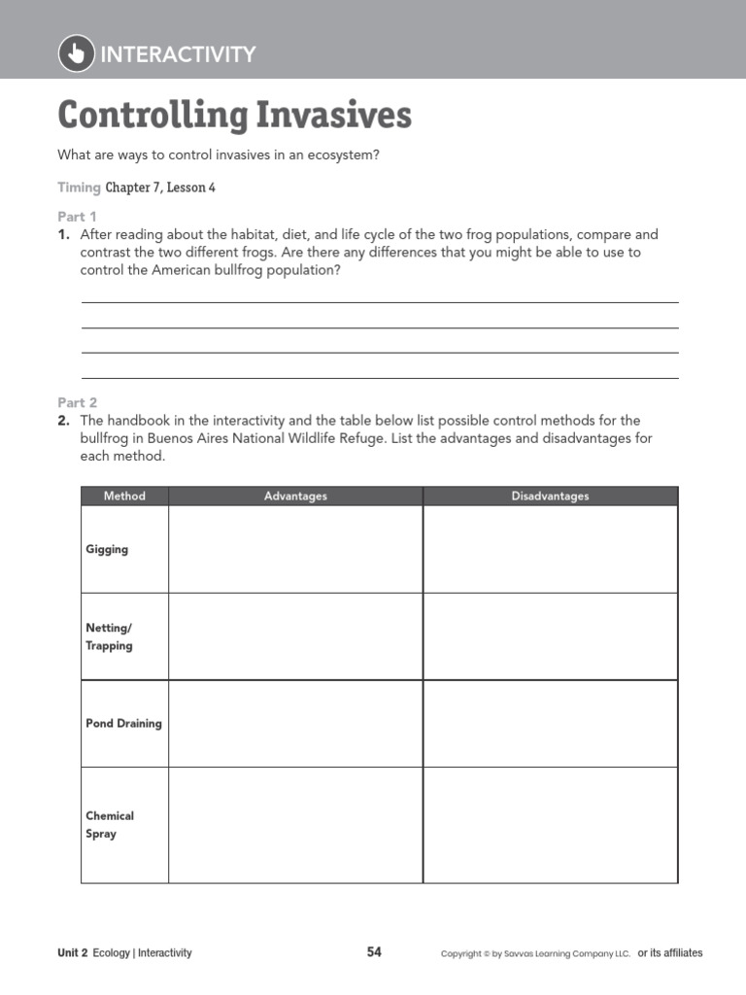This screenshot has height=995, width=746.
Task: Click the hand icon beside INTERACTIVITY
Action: pos(77,53)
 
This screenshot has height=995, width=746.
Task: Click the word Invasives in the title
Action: pos(330,116)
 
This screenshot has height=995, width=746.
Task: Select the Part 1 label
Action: pos(77,217)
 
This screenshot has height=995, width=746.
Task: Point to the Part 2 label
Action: pos(77,402)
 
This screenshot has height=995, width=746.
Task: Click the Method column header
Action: pos(124,497)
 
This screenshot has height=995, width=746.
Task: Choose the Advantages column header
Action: pos(295,497)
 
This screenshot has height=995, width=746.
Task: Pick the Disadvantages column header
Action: pos(550,497)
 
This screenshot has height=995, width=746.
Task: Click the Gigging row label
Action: pos(107,549)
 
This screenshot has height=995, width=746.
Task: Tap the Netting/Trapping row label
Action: pos(109,636)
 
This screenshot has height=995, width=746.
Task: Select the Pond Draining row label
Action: pos(123,724)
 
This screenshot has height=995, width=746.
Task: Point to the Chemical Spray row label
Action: pos(110,825)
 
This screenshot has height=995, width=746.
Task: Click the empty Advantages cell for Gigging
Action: pos(295,549)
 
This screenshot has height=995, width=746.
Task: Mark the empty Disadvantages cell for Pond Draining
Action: pos(550,724)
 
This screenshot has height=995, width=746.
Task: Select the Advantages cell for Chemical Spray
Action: pos(295,825)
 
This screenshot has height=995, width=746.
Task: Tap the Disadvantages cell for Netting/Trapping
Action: pos(550,636)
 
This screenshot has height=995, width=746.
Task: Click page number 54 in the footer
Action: pos(374,952)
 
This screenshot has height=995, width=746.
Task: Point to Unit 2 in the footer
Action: pos(73,953)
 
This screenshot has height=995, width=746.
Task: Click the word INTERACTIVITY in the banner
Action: pos(178,54)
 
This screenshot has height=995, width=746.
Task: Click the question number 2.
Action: pos(63,421)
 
